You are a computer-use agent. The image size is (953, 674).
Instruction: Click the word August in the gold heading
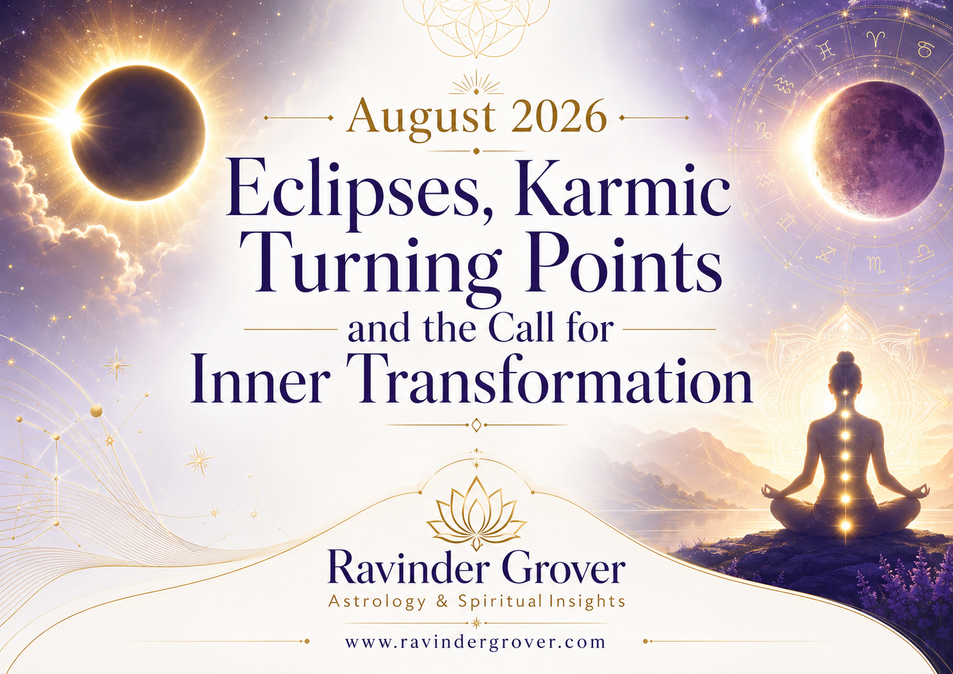coord(421,117)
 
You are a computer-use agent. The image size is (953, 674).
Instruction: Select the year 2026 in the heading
coord(557,116)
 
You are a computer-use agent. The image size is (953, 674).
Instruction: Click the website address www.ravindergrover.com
coord(476,654)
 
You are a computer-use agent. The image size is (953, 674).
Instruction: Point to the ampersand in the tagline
coord(442,602)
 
